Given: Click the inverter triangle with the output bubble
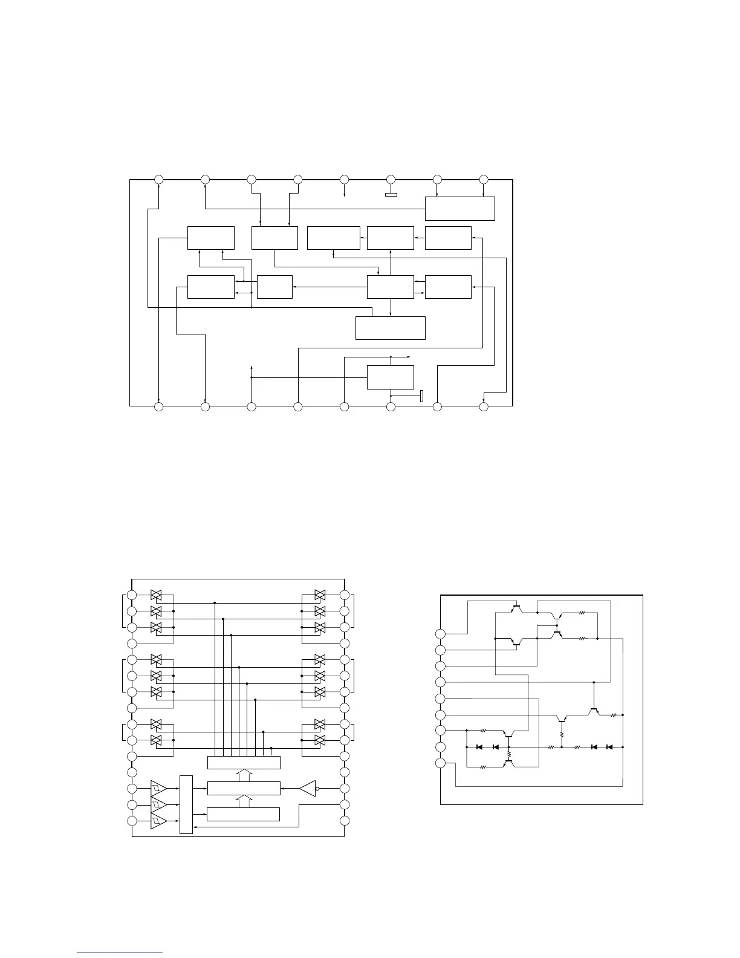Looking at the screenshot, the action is [307, 788].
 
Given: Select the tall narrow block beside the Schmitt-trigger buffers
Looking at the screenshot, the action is [186, 804].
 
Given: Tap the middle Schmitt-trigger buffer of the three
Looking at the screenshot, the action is [158, 804].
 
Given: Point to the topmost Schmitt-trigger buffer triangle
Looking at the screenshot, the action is [158, 788].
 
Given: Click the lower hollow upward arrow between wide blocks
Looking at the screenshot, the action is [244, 801].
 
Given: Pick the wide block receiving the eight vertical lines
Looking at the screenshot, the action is [244, 762].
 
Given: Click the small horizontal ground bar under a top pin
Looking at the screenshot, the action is [391, 195].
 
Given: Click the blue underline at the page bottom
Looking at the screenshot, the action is [120, 953].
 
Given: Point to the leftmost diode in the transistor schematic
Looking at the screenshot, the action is [479, 747].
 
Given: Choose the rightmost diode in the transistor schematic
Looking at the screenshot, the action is [609, 747].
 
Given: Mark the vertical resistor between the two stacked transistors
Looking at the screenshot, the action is [509, 755].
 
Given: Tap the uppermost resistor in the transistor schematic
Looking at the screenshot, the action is [582, 613].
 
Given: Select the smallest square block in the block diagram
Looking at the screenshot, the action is [274, 287].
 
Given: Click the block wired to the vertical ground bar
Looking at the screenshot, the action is [391, 377].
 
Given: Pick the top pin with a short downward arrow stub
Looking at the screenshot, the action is [344, 180].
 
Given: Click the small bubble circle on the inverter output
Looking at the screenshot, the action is [317, 788].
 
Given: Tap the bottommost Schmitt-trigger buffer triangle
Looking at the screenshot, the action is [158, 821].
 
